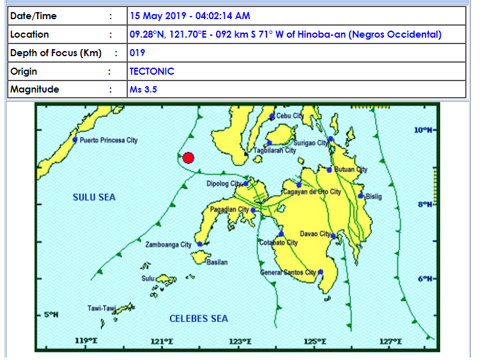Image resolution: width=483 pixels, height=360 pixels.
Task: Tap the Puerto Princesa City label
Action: click(109, 140)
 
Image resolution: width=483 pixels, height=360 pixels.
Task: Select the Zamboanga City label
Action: click(168, 244)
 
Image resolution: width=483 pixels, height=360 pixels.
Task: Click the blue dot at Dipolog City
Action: click(246, 183)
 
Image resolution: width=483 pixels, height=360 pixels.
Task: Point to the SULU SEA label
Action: click(94, 197)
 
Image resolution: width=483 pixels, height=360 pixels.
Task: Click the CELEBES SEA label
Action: click(198, 319)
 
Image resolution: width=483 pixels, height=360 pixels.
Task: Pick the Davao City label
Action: click(315, 234)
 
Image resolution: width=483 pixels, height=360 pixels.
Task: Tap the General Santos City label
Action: click(288, 273)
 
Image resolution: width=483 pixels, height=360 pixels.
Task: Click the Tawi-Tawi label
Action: click(102, 309)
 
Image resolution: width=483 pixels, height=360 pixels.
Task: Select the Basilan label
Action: click(217, 262)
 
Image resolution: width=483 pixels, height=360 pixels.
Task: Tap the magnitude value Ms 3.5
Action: click(143, 89)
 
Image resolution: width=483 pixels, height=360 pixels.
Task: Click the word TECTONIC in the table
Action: click(151, 71)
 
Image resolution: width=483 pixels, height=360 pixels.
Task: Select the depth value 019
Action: click(137, 53)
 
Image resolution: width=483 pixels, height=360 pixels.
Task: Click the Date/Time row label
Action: click(34, 16)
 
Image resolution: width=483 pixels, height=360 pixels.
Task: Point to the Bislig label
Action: click(374, 197)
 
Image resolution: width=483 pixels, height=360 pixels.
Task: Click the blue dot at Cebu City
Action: click(272, 117)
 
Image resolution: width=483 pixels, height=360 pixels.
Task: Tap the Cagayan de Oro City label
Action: click(312, 191)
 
